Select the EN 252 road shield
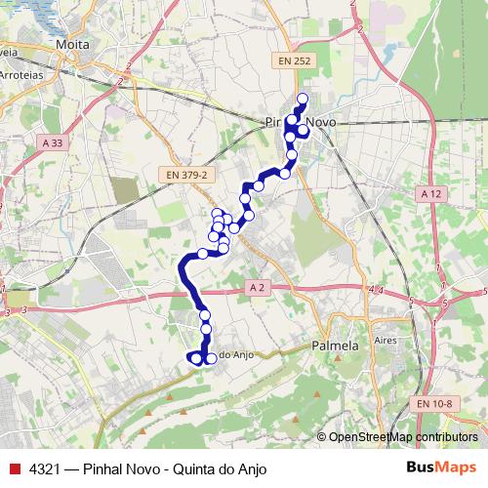pos(294,61)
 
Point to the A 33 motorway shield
pos(54,143)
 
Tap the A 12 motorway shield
pos(430,195)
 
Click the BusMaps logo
pos(441,468)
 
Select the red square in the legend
pos(14,468)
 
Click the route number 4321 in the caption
pos(47,468)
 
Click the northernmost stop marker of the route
pos(303,98)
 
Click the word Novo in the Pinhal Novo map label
pos(321,122)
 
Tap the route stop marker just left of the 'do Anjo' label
pos(210,358)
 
